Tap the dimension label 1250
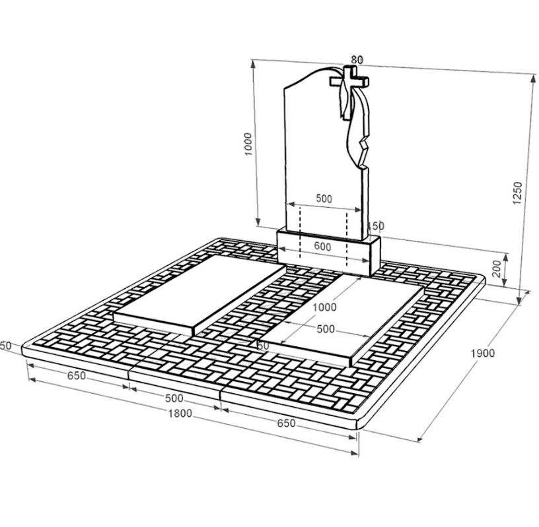pos(517,193)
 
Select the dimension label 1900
pos(483,353)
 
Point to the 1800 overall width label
pos(180,414)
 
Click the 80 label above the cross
pos(357,60)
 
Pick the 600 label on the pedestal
pos(322,247)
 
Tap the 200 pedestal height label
pos(497,268)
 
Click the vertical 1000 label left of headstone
pos(248,144)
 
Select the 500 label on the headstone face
pos(324,199)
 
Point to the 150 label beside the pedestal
pos(376,226)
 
